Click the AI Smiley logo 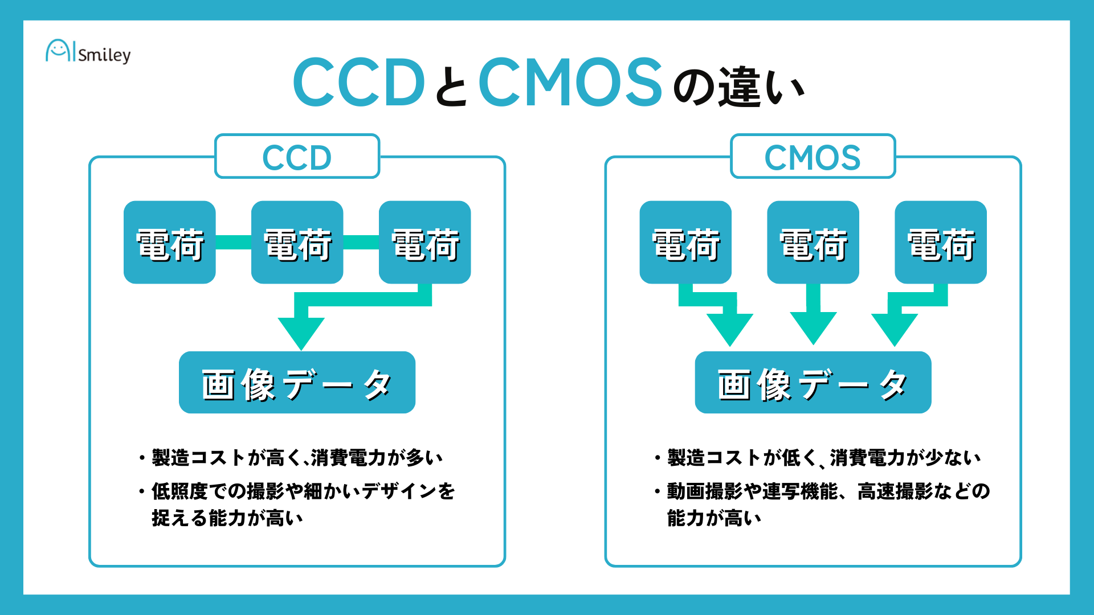click(x=88, y=52)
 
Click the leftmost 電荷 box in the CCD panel click(x=170, y=243)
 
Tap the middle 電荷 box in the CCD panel click(x=297, y=243)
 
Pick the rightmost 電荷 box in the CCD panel click(x=424, y=243)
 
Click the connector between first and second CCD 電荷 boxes click(x=234, y=242)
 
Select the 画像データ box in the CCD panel click(x=297, y=383)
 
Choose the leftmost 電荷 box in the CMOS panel click(x=685, y=243)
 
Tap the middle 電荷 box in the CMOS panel click(x=813, y=243)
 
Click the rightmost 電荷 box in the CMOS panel click(x=941, y=243)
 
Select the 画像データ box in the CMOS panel click(x=813, y=383)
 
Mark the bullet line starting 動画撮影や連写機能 click(x=828, y=491)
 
